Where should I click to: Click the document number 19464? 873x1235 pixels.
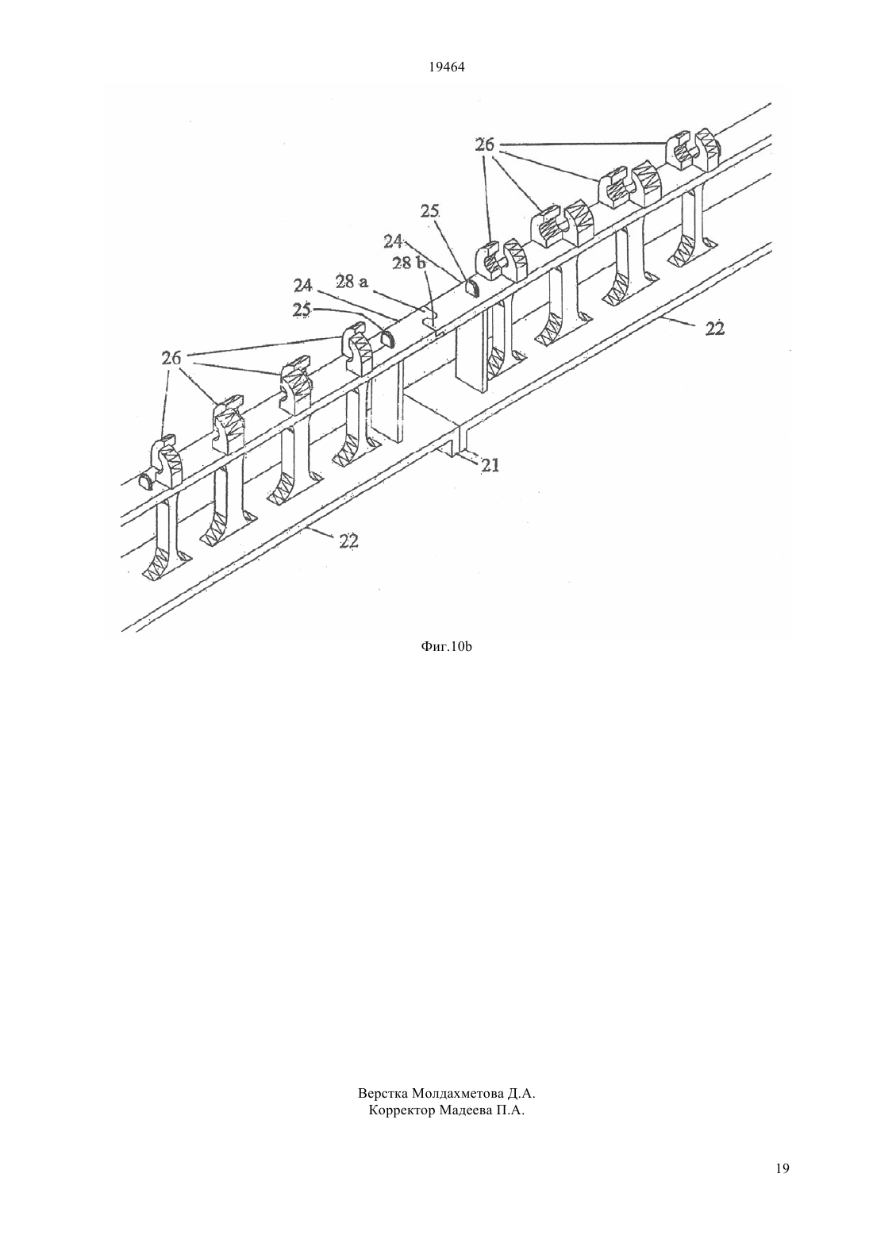coord(446,67)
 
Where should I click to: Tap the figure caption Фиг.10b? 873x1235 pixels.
coord(446,647)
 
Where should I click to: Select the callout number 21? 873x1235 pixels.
coord(490,465)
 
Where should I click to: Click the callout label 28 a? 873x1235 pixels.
coord(351,283)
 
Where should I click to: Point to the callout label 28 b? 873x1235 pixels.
coord(410,263)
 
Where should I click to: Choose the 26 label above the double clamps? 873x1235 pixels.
coord(485,145)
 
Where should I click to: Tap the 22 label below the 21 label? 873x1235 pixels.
coord(349,541)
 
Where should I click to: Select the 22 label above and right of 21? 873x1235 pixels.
coord(715,329)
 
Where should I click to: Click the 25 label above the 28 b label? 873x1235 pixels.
coord(430,211)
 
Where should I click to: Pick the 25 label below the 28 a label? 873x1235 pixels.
coord(302,310)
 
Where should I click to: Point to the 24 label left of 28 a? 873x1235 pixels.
coord(303,286)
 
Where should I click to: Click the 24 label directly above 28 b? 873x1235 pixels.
coord(394,241)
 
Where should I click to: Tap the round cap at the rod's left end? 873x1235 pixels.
coord(147,481)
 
